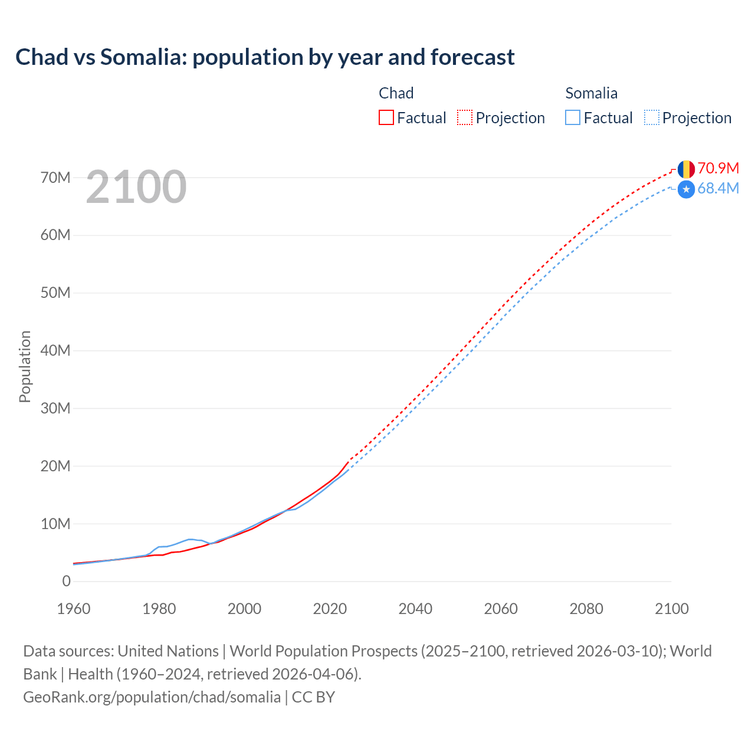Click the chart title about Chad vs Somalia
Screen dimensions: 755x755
[265, 57]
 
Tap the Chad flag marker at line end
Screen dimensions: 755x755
[686, 169]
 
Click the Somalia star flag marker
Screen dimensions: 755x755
[686, 189]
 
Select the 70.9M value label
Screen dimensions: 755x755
[718, 168]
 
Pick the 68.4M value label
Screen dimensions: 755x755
[718, 189]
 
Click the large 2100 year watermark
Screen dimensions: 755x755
[136, 187]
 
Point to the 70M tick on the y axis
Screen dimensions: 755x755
[55, 178]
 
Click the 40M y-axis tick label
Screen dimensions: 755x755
[55, 351]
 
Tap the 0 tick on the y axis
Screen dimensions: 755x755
[66, 582]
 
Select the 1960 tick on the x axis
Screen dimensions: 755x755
[74, 609]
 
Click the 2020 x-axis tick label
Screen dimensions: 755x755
[330, 609]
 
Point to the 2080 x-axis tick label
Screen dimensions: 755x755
[586, 609]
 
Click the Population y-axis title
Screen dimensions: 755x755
[25, 366]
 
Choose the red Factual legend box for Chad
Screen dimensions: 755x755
[386, 117]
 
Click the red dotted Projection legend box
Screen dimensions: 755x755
[465, 117]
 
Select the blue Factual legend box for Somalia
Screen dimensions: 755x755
[572, 117]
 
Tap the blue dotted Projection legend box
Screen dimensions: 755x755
[651, 117]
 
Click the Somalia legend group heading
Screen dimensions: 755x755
[591, 93]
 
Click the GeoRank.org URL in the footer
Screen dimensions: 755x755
[152, 697]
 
